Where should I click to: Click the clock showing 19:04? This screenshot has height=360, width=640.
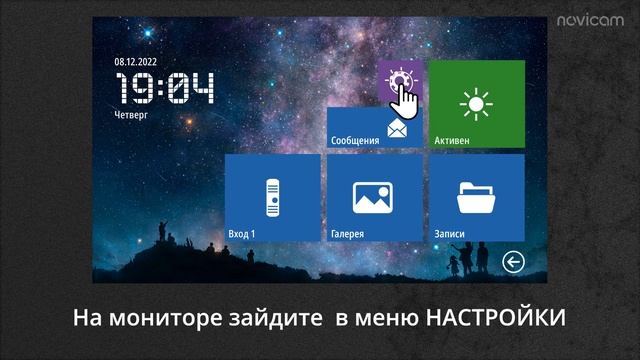[166, 90]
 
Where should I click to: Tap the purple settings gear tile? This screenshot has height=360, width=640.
[401, 80]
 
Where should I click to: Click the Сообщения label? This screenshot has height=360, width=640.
[355, 141]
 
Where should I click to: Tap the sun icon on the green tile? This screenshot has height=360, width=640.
[476, 103]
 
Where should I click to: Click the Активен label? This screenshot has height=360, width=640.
[451, 141]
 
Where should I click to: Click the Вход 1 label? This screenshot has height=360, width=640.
[243, 234]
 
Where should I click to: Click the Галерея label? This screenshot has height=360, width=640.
[347, 234]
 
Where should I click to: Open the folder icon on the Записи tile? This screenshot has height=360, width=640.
[476, 196]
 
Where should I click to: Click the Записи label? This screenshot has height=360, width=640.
[449, 234]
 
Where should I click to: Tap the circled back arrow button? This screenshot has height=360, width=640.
[513, 263]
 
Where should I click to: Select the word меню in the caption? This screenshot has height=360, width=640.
[389, 318]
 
